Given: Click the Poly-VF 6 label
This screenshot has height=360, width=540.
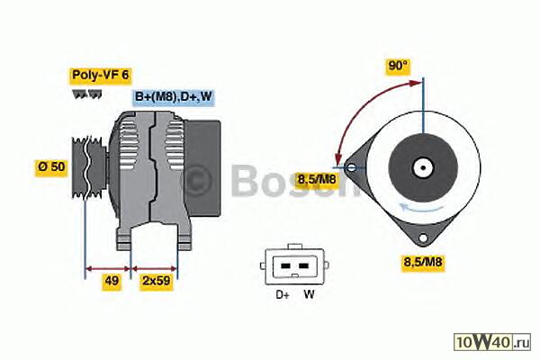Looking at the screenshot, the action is pyautogui.click(x=100, y=75).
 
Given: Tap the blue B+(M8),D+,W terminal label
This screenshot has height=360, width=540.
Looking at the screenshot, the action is pyautogui.click(x=173, y=96).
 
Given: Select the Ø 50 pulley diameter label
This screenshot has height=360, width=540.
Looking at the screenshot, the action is pyautogui.click(x=51, y=167).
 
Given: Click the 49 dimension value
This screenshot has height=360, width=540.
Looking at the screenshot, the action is pyautogui.click(x=112, y=281).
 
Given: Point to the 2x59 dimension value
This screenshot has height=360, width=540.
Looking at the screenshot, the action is pyautogui.click(x=157, y=281).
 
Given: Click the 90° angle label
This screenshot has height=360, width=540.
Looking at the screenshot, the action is pyautogui.click(x=398, y=66).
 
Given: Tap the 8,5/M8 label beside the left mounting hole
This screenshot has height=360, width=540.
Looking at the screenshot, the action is pyautogui.click(x=317, y=179).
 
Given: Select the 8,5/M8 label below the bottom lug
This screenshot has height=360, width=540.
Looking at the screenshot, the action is pyautogui.click(x=423, y=262).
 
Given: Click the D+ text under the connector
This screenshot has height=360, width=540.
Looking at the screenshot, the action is pyautogui.click(x=283, y=295).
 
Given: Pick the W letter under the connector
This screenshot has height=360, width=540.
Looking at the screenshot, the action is pyautogui.click(x=309, y=294).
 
